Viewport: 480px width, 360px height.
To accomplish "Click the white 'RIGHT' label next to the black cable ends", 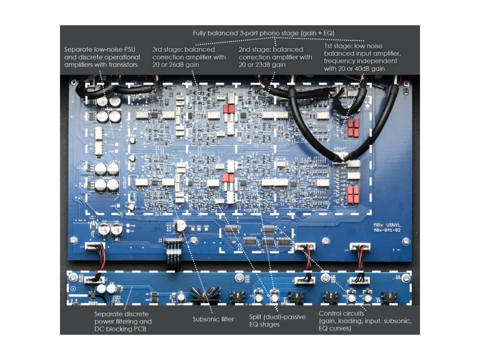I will (x=340, y=149).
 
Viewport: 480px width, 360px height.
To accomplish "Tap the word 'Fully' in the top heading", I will (x=201, y=33).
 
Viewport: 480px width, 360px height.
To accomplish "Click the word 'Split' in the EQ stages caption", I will (x=257, y=317).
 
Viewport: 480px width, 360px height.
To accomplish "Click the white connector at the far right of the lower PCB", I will (x=358, y=280).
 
